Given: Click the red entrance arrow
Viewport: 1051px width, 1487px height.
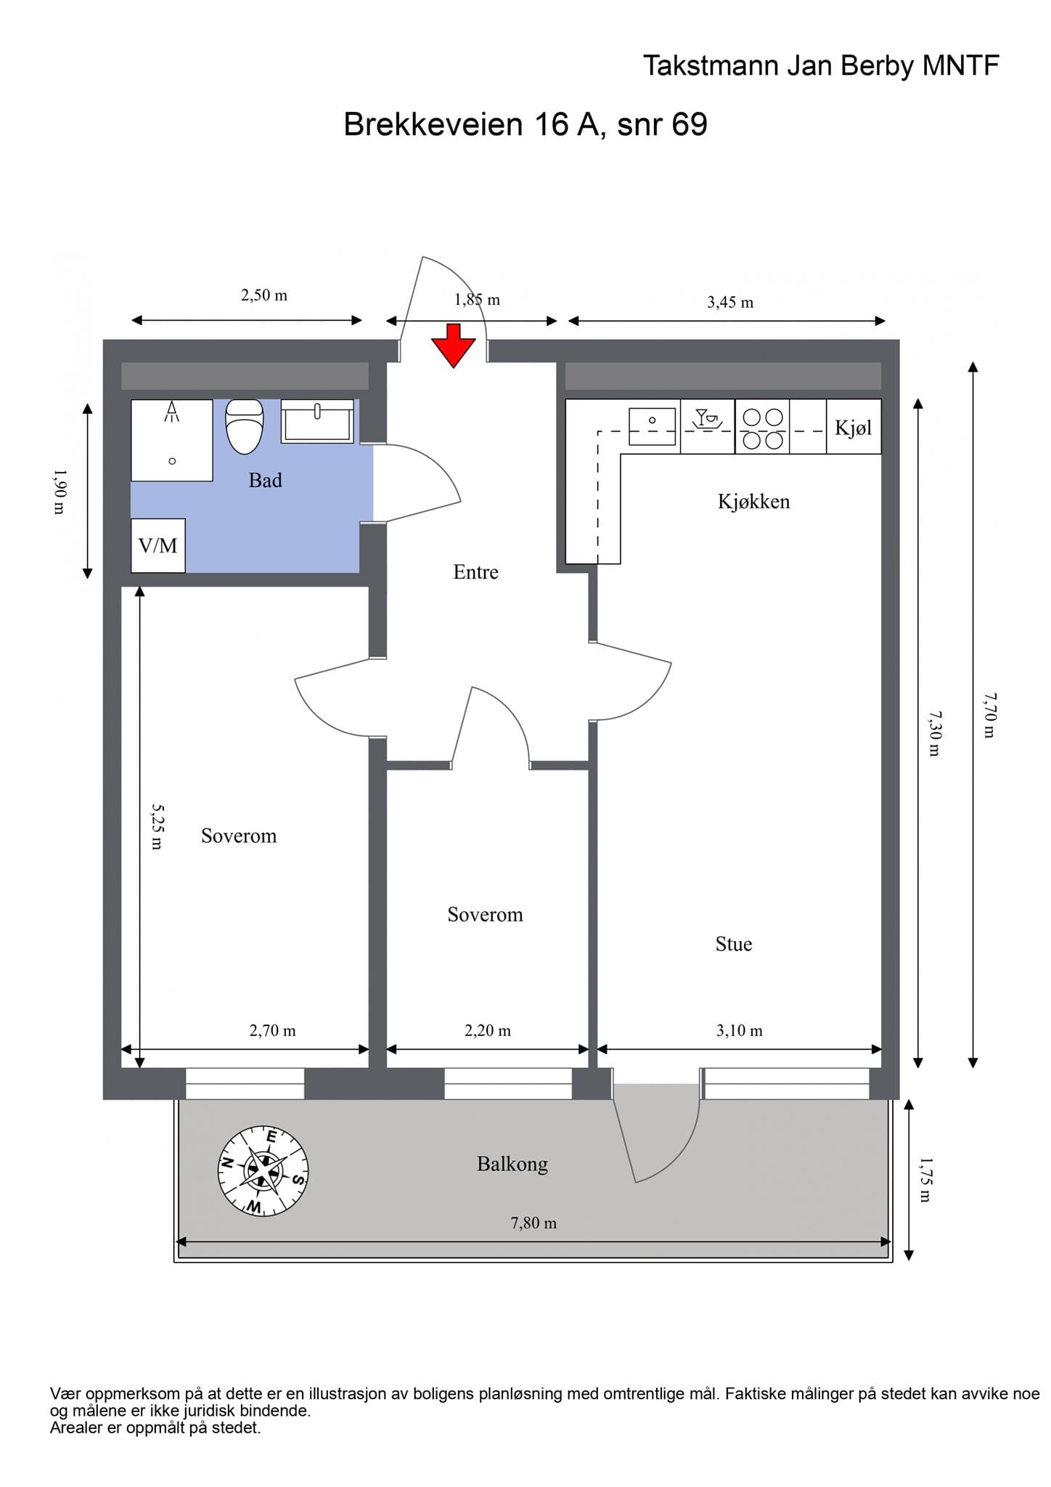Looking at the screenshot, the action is (454, 346).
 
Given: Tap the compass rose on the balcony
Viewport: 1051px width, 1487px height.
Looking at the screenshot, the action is (263, 1170).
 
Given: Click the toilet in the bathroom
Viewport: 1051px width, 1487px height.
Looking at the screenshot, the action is (245, 427).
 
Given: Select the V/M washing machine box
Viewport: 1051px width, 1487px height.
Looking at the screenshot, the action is (158, 545).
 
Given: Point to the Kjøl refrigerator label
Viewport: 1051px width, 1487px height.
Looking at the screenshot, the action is (853, 428).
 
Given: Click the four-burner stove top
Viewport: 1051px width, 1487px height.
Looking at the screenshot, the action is (762, 428).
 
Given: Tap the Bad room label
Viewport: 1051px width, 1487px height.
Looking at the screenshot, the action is (265, 480).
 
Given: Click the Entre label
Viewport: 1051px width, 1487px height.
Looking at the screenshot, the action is (475, 572).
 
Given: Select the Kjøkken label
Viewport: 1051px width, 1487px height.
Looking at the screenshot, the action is (753, 502).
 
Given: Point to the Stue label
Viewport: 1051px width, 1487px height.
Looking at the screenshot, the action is (734, 944).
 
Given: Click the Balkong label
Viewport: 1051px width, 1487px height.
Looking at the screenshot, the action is (512, 1165).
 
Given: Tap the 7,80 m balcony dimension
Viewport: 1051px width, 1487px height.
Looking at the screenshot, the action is (533, 1223).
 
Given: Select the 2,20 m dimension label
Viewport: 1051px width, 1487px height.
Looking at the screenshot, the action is (488, 1030).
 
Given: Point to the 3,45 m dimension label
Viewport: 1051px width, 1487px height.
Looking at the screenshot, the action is (730, 302).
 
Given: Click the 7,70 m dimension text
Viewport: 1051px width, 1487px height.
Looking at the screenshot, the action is (990, 715).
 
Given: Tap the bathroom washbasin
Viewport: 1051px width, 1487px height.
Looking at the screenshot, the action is (317, 421).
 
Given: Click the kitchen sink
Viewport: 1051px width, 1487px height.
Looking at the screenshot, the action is (652, 426).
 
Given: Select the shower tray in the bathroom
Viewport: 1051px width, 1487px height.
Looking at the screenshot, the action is (172, 440).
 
